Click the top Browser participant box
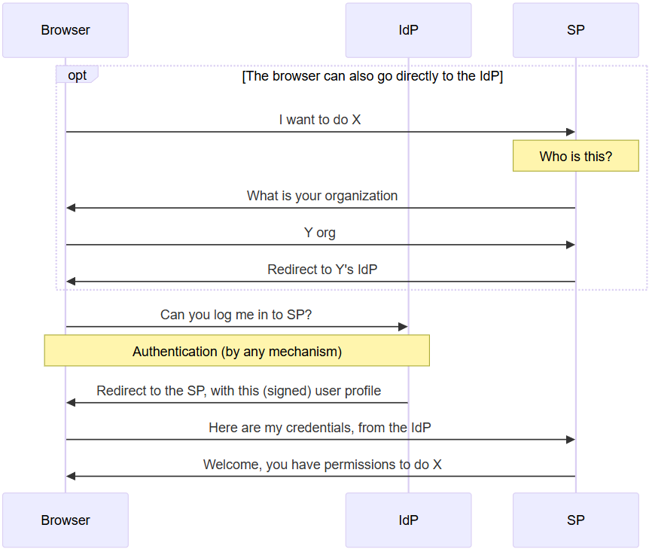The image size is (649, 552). point(66,30)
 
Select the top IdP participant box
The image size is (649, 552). point(408,30)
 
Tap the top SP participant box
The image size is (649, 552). point(576,30)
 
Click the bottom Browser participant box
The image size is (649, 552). point(66,520)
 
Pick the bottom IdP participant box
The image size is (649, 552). point(408,520)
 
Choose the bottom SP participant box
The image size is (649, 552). point(576,520)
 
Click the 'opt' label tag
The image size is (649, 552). point(77,75)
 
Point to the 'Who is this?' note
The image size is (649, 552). point(576,156)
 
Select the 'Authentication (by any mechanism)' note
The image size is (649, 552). point(237,351)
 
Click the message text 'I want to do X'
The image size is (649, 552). point(320,120)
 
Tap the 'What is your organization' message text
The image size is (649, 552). point(322,196)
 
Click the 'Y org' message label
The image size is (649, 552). point(320,233)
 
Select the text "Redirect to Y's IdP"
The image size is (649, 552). point(322,270)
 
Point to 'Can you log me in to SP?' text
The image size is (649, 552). point(236,315)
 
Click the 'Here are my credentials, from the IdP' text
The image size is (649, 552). point(320,428)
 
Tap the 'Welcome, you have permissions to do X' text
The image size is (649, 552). point(322,465)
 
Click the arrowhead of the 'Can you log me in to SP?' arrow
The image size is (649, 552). point(403,327)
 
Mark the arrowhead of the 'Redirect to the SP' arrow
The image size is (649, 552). point(71,403)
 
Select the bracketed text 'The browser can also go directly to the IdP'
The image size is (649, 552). point(373,76)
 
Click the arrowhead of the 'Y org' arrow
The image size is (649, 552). point(571,245)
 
